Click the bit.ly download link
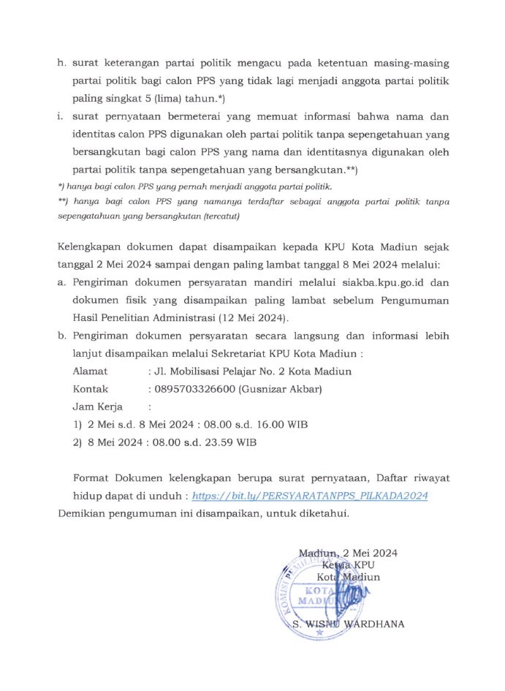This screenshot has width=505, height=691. pos(308,495)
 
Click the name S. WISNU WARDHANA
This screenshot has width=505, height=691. pos(347,624)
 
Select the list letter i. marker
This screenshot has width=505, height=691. pos(61,117)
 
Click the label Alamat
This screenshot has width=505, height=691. pos(90,371)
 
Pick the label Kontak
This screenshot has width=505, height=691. pos(91,389)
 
